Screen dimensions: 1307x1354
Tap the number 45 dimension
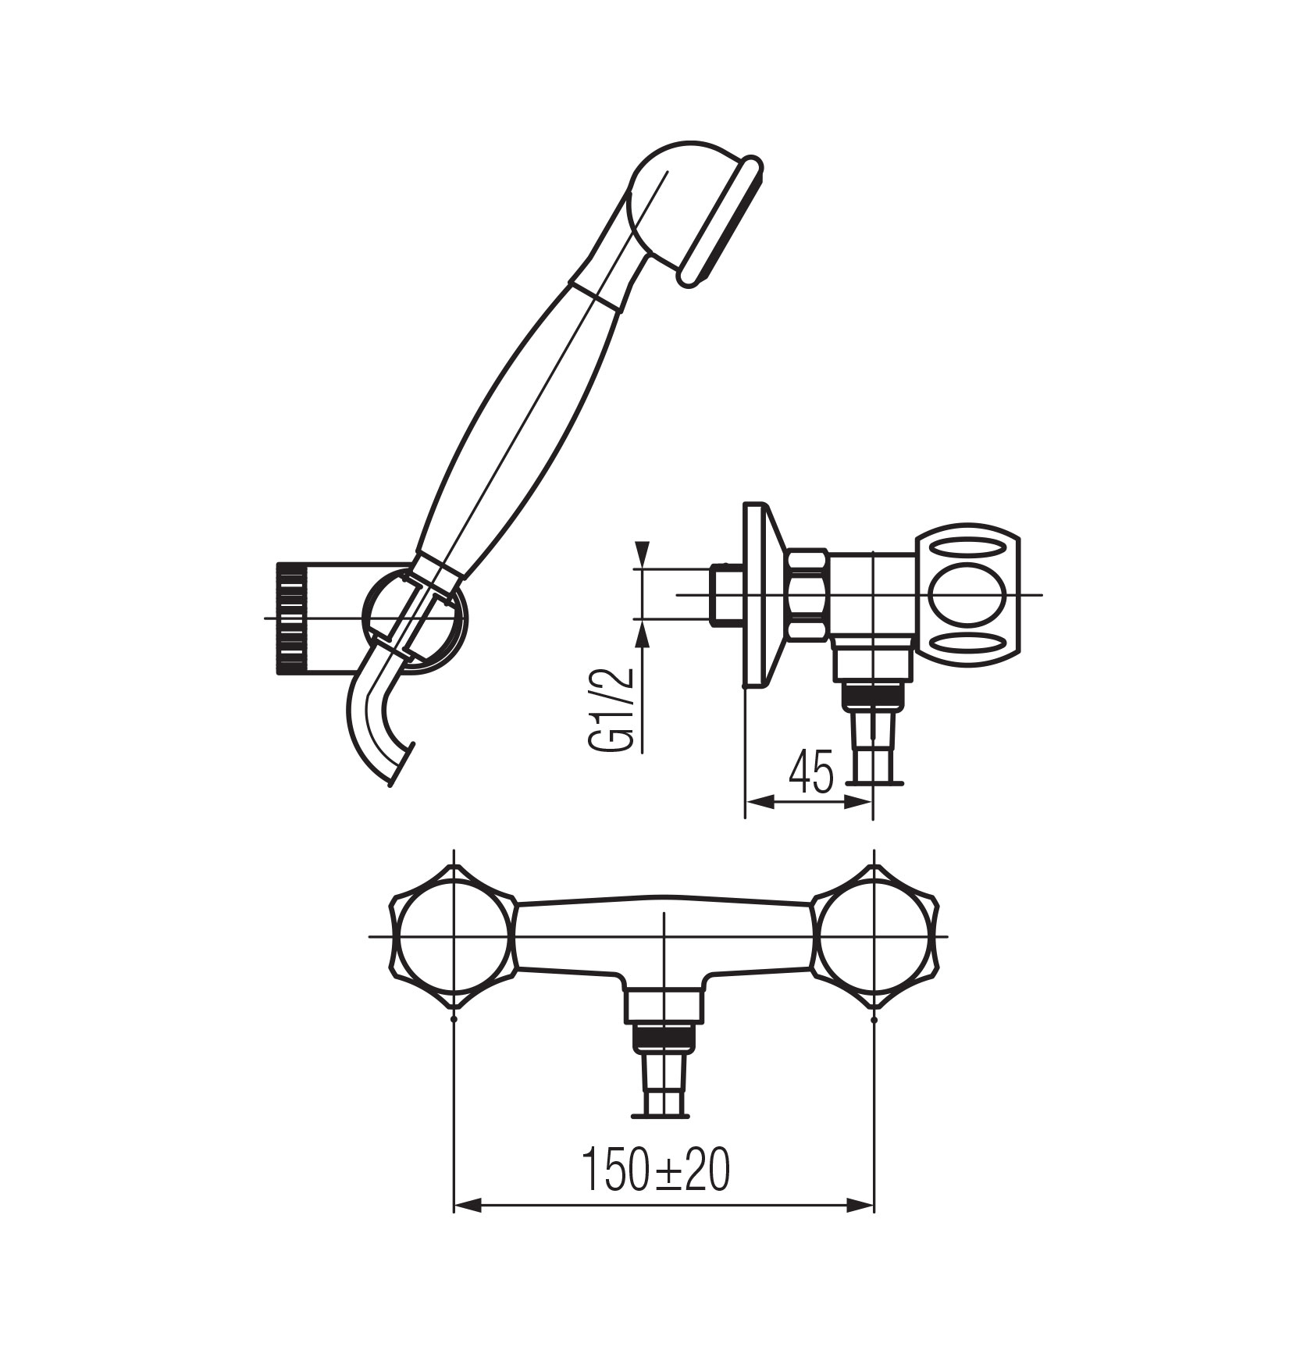click(811, 771)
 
